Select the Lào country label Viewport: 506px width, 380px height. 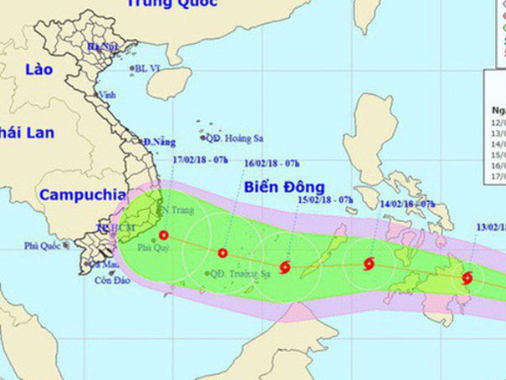(40, 69)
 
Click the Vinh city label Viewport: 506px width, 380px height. (107, 95)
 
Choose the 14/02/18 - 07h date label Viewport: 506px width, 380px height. (408, 204)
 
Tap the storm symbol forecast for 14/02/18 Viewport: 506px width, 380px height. (369, 263)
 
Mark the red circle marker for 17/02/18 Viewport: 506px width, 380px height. (164, 236)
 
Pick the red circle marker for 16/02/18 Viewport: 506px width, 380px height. (223, 252)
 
